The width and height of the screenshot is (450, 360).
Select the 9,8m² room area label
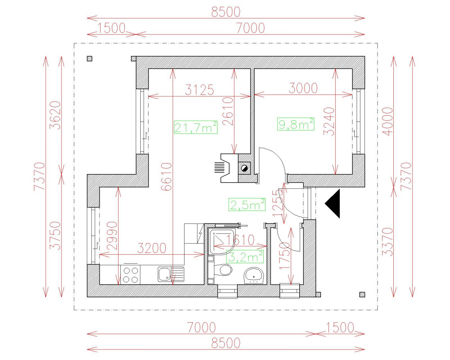295,123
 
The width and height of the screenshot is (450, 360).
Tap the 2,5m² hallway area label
247,204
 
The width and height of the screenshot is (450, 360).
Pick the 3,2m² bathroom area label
244,256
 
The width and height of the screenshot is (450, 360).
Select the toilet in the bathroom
223,270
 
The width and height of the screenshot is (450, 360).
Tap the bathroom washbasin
255,275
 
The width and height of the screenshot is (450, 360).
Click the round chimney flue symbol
244,168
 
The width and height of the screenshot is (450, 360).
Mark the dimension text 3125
200,90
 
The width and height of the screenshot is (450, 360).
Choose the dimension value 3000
303,88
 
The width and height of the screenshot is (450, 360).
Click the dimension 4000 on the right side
388,121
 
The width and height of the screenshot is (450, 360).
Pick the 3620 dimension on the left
55,115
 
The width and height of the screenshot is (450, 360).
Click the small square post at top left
89,58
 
